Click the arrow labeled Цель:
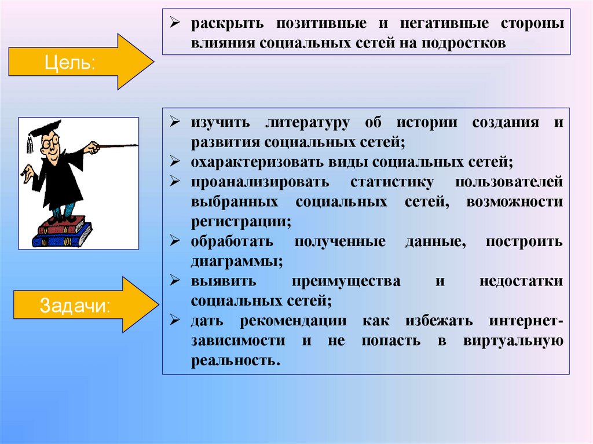75,61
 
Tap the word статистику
391,182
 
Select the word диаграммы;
236,261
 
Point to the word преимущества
346,281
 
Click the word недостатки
521,281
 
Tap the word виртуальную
513,340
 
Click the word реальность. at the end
235,360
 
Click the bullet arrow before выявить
174,281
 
